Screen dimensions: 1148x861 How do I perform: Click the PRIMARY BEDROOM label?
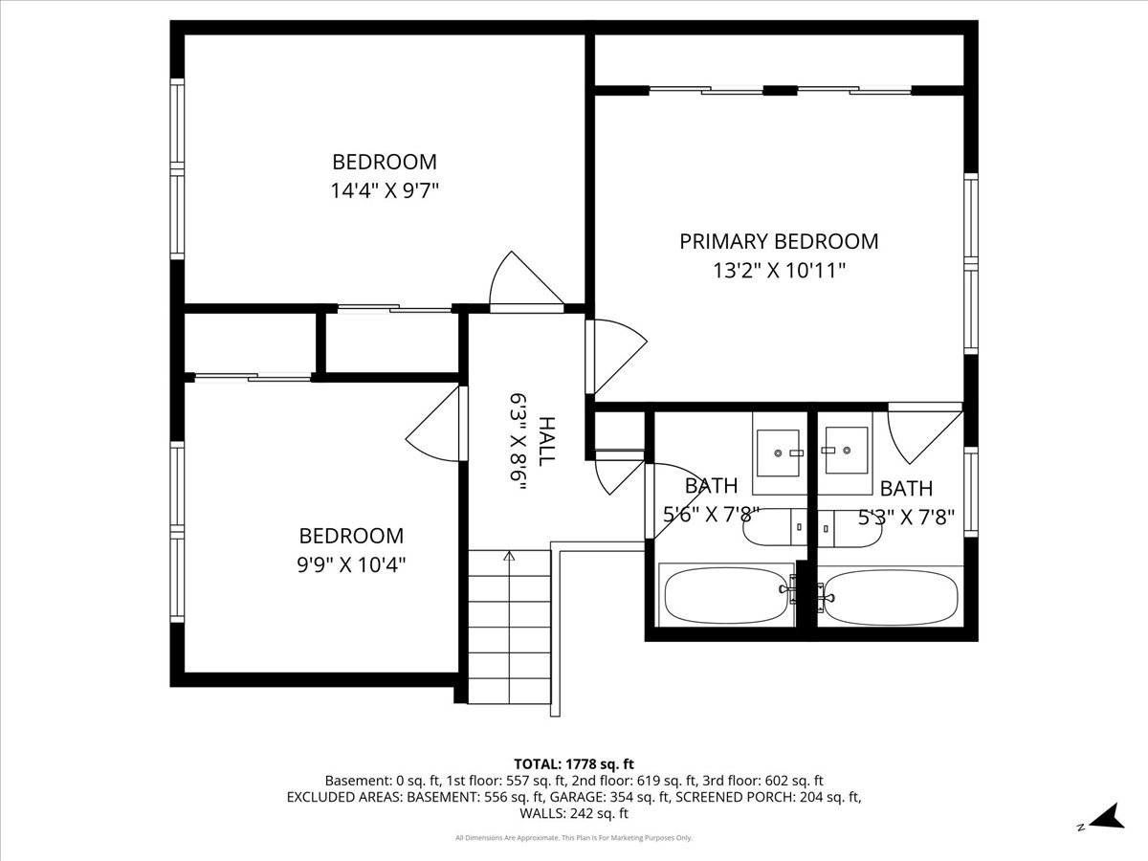[779, 241]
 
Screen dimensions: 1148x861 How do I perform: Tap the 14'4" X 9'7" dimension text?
[384, 190]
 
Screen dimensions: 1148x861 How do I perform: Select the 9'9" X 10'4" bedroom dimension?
[351, 564]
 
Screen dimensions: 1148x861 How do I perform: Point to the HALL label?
[546, 441]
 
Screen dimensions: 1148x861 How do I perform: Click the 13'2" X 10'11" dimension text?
[780, 271]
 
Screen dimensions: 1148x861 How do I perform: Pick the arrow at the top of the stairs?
[509, 556]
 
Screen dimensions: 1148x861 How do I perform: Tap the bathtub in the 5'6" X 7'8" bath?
[726, 596]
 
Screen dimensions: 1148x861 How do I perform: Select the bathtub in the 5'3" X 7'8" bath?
[890, 596]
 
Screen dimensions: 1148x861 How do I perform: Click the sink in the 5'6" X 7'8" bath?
[778, 453]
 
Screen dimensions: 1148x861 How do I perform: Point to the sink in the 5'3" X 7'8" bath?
[847, 450]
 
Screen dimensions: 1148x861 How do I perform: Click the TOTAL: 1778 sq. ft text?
[574, 764]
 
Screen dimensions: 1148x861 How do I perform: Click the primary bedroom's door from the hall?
[616, 357]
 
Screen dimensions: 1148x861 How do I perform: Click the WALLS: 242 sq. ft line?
[574, 813]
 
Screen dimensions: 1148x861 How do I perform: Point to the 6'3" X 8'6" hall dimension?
[518, 442]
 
